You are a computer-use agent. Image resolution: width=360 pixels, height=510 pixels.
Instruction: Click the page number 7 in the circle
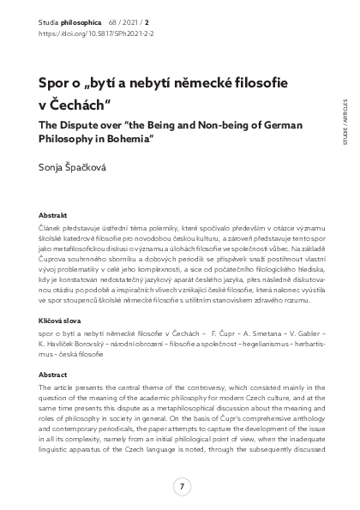click(180, 487)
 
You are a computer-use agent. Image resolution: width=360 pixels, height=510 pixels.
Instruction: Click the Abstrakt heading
click(56, 215)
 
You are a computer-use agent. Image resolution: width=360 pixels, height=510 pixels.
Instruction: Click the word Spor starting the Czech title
click(56, 84)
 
